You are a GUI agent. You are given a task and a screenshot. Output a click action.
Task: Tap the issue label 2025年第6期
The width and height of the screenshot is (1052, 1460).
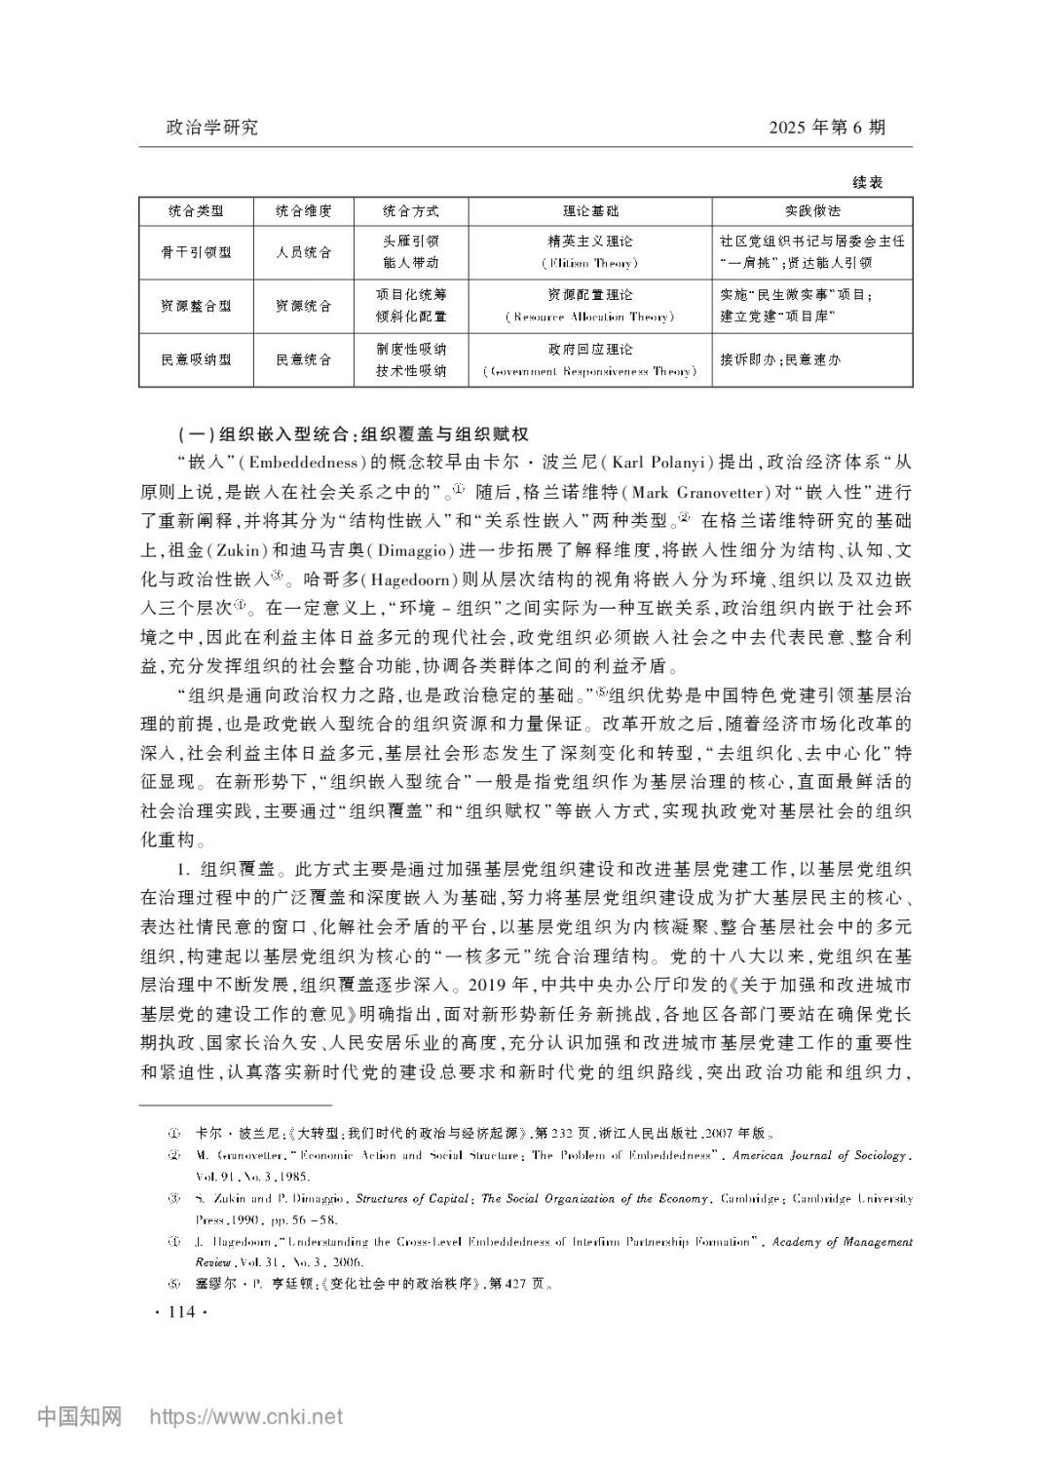click(x=826, y=128)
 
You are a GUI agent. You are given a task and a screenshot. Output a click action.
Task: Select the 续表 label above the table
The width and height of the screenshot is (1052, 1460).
click(x=867, y=182)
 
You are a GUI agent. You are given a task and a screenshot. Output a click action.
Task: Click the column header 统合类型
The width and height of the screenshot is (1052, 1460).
click(x=196, y=210)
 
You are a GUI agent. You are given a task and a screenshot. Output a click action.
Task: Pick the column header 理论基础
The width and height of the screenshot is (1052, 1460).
click(x=590, y=210)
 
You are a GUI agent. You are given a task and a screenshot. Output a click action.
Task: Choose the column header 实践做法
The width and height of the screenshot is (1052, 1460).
click(x=812, y=210)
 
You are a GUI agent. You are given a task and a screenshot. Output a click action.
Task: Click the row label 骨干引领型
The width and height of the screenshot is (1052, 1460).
click(x=196, y=251)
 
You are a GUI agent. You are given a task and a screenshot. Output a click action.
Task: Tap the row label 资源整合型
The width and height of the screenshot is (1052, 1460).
click(x=196, y=306)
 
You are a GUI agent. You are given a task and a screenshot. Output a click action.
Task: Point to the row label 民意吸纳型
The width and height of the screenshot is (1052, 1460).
click(x=196, y=359)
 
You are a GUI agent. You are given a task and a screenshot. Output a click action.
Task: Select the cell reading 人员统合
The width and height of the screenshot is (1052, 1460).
click(x=303, y=251)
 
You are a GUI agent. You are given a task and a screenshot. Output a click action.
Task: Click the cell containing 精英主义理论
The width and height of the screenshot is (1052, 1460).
click(x=590, y=241)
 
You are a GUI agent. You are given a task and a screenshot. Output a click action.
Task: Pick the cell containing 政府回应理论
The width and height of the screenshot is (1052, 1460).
click(x=590, y=349)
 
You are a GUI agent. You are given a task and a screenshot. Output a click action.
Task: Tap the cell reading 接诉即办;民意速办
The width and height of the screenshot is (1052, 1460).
click(x=779, y=359)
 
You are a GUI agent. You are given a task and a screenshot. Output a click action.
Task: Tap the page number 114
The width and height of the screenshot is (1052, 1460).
click(x=182, y=1313)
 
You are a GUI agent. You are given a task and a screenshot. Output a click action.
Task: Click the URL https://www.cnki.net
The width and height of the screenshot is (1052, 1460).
click(x=244, y=1416)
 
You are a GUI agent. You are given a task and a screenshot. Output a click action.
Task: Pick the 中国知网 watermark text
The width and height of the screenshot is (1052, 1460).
click(x=80, y=1416)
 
